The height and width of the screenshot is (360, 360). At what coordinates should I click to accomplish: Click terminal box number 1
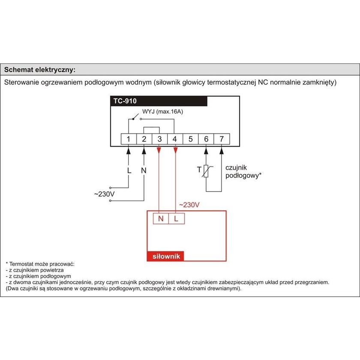click(128, 139)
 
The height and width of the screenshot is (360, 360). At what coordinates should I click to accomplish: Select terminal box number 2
click(144, 139)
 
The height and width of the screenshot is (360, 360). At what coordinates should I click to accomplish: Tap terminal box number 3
click(159, 139)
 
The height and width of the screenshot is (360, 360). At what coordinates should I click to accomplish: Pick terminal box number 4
click(175, 139)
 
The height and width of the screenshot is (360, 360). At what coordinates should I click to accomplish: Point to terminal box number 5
click(191, 139)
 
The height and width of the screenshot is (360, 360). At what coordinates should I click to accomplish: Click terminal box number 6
click(206, 139)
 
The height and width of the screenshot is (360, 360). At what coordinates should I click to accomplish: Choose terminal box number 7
click(222, 139)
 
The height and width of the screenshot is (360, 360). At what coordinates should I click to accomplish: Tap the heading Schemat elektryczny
click(39, 69)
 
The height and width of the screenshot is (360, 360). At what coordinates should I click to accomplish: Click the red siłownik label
click(165, 256)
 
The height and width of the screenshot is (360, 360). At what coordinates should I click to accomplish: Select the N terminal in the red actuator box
click(161, 219)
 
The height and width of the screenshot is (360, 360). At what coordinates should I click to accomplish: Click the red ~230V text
click(189, 205)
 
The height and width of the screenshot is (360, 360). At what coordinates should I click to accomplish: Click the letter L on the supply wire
click(128, 170)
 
